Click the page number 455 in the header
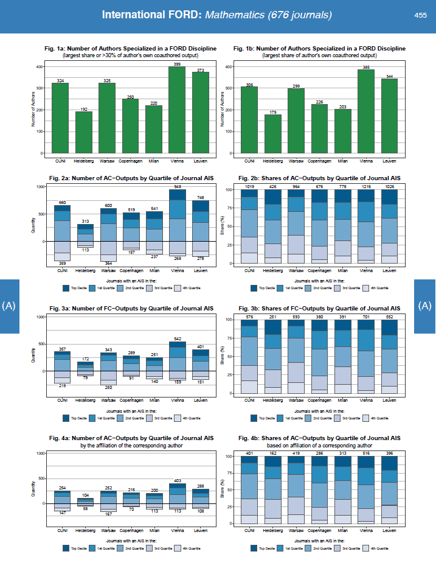[x=420, y=15]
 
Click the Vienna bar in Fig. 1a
[x=177, y=110]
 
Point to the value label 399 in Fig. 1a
[x=177, y=63]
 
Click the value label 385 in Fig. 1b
[x=365, y=66]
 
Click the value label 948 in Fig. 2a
[x=177, y=186]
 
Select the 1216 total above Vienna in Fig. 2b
[x=365, y=186]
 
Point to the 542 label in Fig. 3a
[x=177, y=338]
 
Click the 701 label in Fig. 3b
[x=365, y=317]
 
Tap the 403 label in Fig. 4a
[x=177, y=480]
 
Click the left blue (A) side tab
[x=9, y=306]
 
